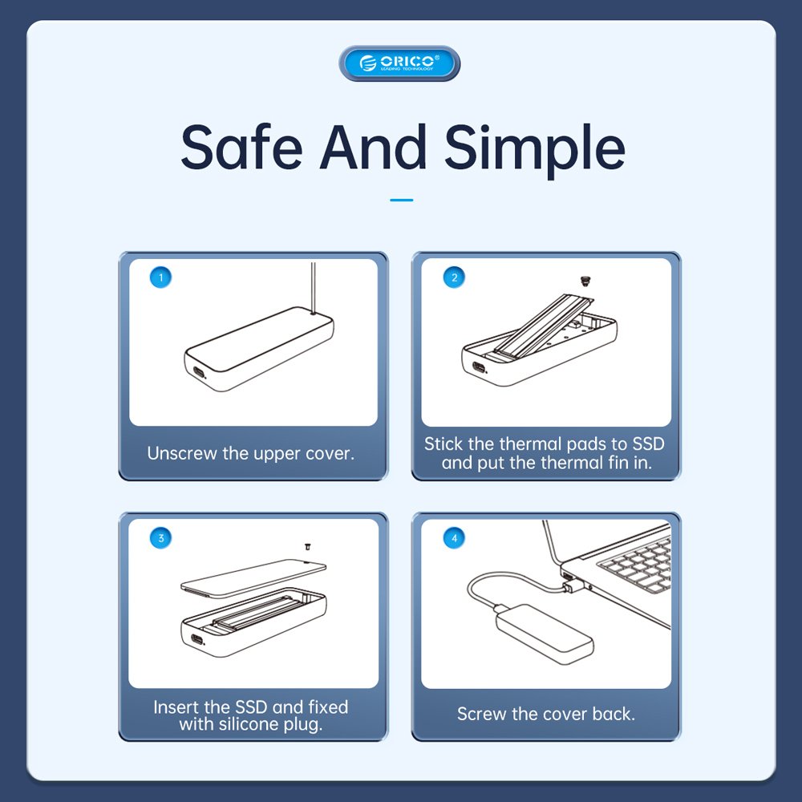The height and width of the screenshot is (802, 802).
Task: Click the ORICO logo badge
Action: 399,63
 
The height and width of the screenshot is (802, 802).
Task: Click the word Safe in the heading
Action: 241,148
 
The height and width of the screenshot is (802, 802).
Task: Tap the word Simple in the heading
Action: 534,151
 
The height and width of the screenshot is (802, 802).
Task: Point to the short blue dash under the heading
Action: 402,200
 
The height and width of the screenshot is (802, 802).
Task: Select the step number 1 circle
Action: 160,277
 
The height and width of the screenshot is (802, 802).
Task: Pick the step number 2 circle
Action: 454,277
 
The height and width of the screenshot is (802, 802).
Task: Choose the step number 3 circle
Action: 160,538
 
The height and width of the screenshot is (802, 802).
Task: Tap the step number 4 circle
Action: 454,538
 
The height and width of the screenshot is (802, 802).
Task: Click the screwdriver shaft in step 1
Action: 313,287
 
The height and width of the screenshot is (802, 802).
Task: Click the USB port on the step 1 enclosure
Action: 198,372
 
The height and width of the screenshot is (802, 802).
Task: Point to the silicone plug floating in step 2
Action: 585,281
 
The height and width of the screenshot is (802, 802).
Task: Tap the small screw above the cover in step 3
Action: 307,547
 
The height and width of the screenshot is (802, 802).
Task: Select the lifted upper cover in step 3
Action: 253,578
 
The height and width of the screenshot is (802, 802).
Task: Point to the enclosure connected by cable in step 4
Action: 545,634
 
